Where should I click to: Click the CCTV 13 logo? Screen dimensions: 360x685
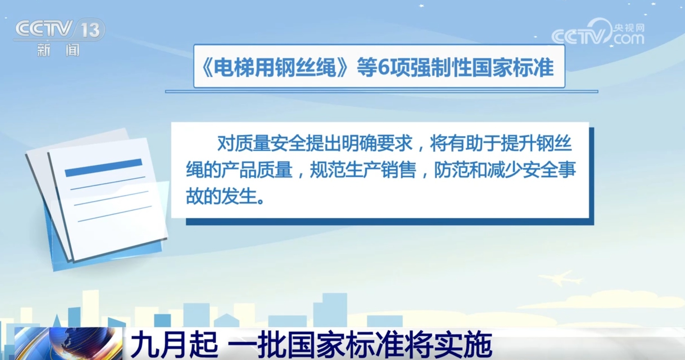click(59, 29)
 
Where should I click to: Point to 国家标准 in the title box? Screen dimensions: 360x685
click(513, 68)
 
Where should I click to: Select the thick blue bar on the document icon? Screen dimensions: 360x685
click(103, 168)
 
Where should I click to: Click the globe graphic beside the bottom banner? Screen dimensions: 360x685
click(68, 344)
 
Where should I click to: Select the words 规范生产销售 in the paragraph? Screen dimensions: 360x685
click(363, 170)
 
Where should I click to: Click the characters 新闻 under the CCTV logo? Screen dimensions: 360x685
click(58, 50)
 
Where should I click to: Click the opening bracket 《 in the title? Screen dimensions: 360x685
click(206, 68)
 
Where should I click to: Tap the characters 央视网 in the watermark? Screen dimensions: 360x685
click(629, 28)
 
